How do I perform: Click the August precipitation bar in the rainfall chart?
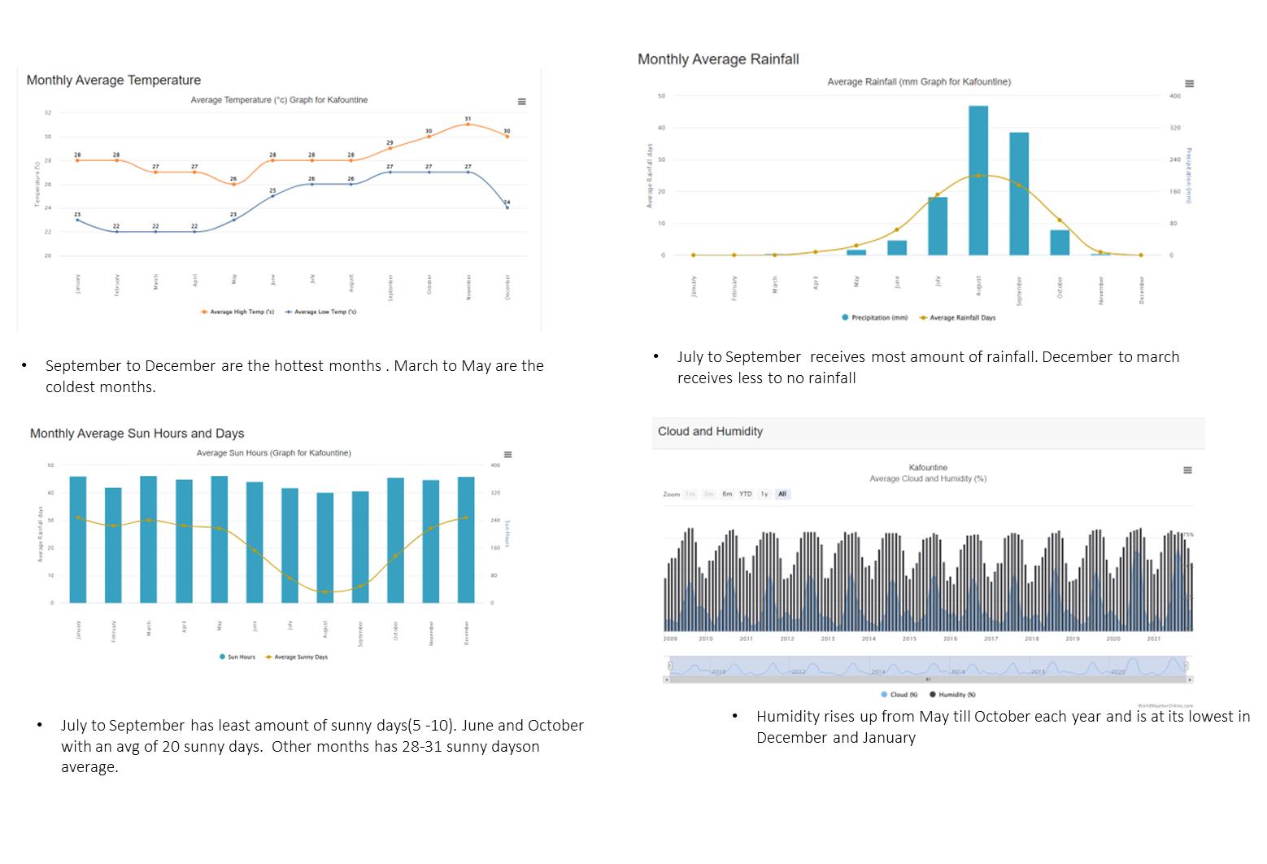pos(978,180)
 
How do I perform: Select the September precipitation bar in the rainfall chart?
pos(1019,194)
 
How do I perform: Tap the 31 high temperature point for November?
pos(468,124)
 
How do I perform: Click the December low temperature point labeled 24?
pos(507,207)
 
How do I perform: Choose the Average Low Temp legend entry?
pos(321,312)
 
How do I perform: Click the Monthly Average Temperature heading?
pos(114,81)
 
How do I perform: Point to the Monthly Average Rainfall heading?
pos(718,59)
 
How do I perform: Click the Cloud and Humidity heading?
pos(710,432)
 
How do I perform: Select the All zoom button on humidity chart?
pos(782,495)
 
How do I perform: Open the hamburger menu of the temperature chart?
pos(522,102)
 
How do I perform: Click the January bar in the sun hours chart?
pos(78,539)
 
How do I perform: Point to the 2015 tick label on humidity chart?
pos(909,639)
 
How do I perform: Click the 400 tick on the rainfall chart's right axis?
pos(1174,96)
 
